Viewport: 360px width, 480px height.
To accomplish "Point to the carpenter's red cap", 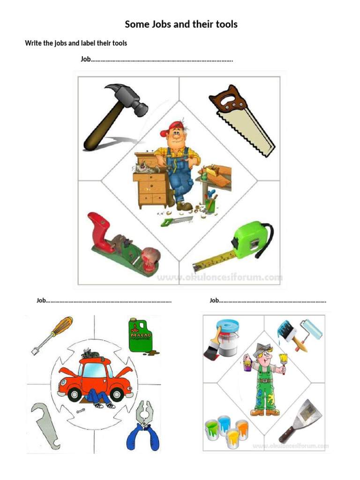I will [172, 127].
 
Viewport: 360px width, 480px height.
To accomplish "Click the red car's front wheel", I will [74, 395].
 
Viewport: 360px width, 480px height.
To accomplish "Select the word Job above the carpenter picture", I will [85, 60].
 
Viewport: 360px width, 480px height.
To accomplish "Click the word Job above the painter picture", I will [214, 300].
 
